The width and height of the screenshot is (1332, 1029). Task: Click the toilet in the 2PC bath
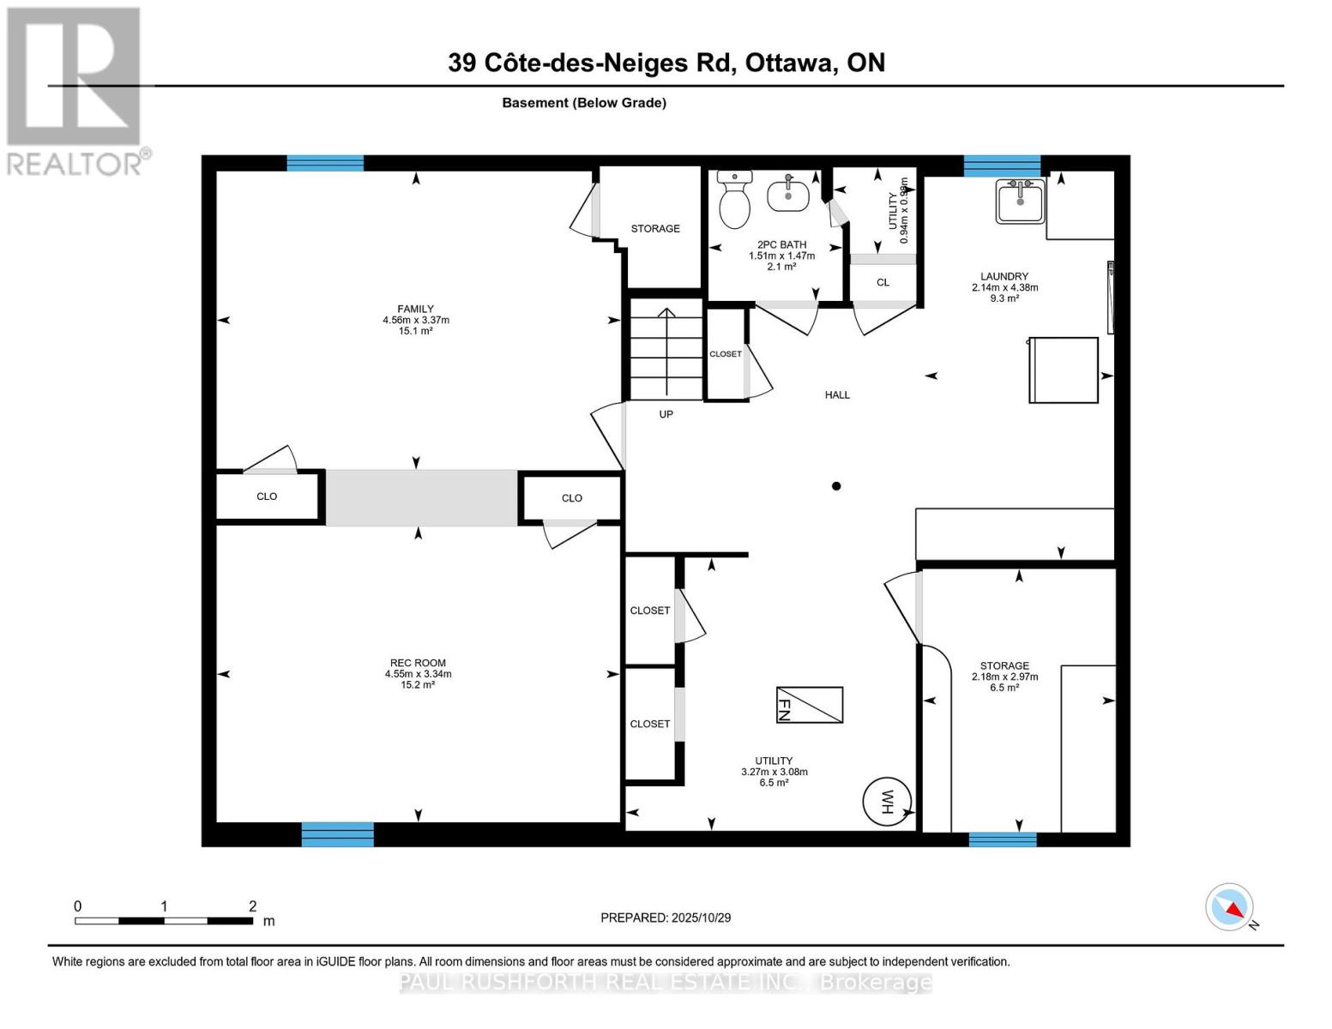click(x=734, y=201)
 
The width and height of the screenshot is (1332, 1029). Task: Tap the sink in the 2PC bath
click(x=787, y=195)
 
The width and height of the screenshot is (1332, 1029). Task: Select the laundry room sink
click(x=1020, y=202)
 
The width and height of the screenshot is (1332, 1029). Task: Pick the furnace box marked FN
click(x=810, y=705)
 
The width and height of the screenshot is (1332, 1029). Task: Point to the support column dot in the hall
click(x=836, y=486)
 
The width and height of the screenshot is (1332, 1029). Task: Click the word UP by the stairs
click(x=666, y=414)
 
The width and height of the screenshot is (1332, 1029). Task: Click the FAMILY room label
click(x=415, y=309)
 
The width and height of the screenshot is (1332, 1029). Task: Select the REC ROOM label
click(x=418, y=663)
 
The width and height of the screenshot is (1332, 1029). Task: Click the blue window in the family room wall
click(x=325, y=163)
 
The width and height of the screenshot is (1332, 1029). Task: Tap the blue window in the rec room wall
click(x=337, y=834)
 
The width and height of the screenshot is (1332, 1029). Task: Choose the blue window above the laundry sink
click(x=1002, y=165)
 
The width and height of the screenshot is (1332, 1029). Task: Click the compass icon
click(x=1230, y=907)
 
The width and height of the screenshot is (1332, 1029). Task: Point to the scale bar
click(x=163, y=921)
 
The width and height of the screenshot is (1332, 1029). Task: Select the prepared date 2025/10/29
click(x=666, y=918)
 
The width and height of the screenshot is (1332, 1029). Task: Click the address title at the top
click(x=666, y=63)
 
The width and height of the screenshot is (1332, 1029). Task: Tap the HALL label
click(x=837, y=395)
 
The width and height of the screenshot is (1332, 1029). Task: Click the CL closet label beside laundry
click(x=883, y=282)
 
